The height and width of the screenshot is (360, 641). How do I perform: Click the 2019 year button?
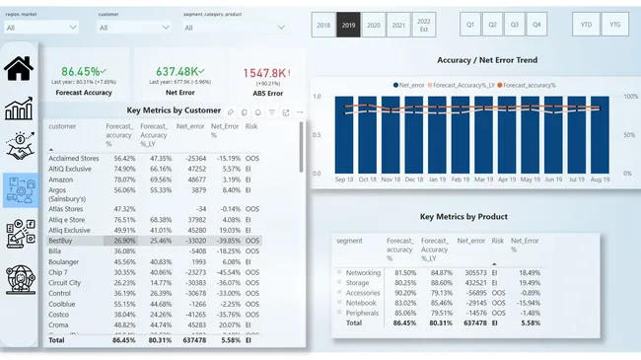[348, 25]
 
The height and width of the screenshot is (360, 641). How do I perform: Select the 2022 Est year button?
[423, 25]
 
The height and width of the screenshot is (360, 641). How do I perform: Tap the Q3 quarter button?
[514, 25]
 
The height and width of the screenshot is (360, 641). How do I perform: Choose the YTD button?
[587, 25]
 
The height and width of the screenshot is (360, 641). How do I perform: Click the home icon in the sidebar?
[20, 69]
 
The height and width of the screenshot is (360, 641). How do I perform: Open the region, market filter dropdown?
[40, 28]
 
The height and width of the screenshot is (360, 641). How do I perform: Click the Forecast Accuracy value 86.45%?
[81, 72]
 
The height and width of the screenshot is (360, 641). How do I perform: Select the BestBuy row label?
[62, 240]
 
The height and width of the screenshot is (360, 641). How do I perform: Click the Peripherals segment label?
[364, 313]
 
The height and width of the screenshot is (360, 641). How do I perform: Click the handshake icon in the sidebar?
[20, 149]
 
